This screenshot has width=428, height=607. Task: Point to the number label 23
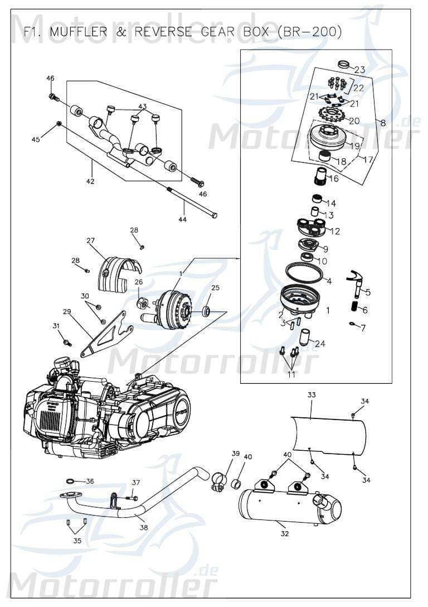tap(359, 70)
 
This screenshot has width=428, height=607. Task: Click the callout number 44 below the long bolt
tap(183, 219)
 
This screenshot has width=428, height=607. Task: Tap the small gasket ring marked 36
tap(71, 480)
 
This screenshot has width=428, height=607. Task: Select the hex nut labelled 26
tap(142, 303)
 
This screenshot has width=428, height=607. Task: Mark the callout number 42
tap(90, 181)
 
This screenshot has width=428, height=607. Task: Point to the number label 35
tap(77, 541)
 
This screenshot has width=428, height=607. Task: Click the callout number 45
tap(36, 139)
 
